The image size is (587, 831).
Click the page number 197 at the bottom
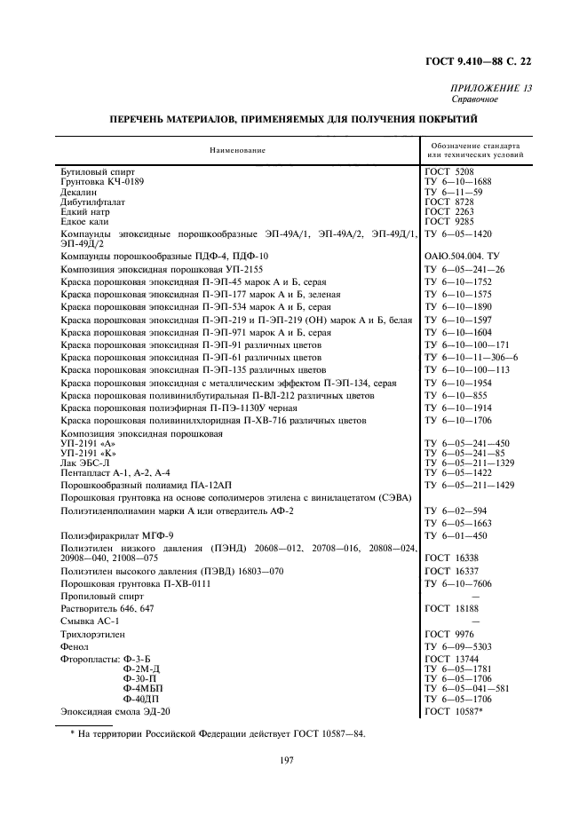(287, 760)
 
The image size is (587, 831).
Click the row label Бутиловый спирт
(98, 170)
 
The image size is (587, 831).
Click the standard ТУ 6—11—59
(454, 192)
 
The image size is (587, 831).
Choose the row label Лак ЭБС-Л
(84, 463)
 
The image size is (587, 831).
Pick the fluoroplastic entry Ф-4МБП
(143, 689)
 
